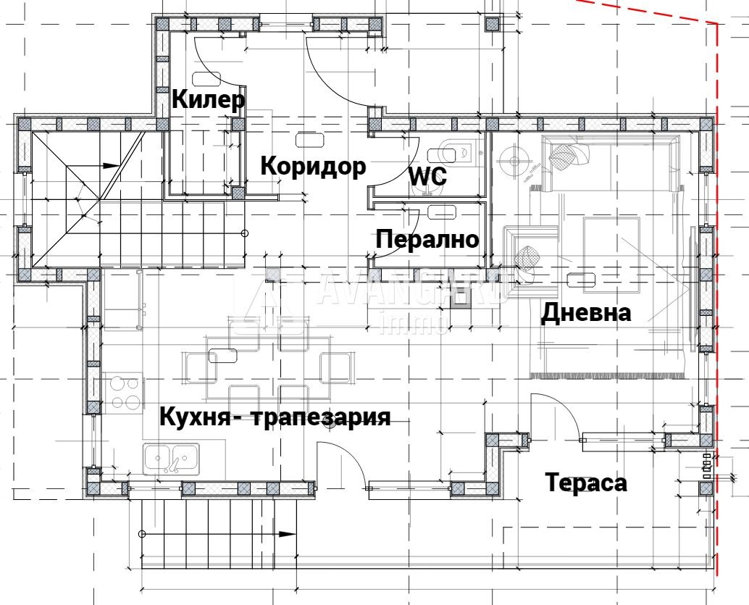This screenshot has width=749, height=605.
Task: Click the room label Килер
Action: click(209, 99)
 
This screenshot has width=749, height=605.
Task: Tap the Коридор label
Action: click(312, 166)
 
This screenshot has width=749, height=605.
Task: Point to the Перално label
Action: click(428, 239)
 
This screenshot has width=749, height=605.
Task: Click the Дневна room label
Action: click(586, 312)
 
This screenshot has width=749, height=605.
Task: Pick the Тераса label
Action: click(586, 483)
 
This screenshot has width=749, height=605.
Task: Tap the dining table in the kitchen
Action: click(267, 365)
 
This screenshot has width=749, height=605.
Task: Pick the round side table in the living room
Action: click(515, 159)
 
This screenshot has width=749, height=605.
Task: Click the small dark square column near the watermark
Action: click(460, 301)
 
